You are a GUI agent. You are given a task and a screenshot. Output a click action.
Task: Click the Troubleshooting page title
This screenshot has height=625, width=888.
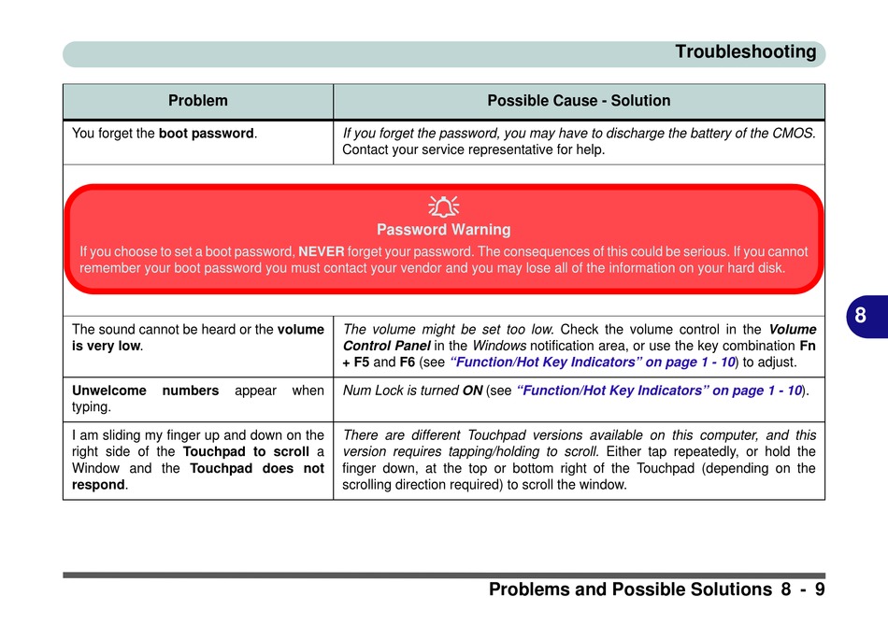745,52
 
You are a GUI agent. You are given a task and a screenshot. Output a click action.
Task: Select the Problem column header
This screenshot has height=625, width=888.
197,101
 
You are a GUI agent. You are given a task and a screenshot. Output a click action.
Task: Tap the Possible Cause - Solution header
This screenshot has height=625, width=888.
579,101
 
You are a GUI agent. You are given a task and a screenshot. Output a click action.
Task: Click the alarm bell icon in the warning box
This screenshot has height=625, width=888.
443,206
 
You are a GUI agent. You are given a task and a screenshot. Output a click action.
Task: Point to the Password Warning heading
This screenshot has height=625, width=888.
443,229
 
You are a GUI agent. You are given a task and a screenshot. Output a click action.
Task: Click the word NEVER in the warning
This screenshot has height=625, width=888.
322,251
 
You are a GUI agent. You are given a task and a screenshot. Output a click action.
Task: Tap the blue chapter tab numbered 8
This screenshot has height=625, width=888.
867,316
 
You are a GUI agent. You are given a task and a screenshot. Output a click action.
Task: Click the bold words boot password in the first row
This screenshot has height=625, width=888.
207,134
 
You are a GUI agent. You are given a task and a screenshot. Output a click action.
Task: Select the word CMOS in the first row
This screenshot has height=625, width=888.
793,133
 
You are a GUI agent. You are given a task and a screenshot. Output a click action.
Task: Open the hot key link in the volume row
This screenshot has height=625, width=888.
593,362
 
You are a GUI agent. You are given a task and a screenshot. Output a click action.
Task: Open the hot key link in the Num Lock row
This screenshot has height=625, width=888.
659,391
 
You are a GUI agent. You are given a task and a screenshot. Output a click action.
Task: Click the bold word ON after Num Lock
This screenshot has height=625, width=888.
472,391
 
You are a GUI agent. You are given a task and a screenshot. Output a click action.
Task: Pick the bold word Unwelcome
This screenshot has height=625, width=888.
108,391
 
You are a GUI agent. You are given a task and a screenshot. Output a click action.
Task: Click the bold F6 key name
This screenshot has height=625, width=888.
408,362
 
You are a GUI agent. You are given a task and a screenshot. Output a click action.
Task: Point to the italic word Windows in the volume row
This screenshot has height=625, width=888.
499,346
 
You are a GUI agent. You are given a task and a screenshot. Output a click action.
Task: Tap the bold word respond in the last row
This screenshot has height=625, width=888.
98,485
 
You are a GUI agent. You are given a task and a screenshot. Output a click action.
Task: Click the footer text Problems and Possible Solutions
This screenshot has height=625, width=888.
630,589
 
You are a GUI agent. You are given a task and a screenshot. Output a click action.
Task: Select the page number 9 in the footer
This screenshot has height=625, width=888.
820,589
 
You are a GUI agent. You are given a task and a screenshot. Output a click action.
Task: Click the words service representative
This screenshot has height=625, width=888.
478,150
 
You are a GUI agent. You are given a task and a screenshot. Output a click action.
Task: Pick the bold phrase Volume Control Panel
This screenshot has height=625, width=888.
580,337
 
